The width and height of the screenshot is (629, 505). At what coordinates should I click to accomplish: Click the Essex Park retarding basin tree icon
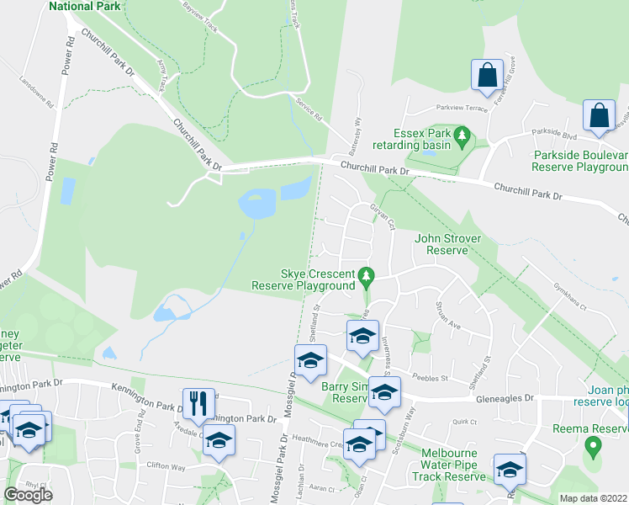(x=461, y=135)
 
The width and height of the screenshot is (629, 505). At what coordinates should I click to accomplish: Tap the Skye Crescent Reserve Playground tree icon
(x=366, y=275)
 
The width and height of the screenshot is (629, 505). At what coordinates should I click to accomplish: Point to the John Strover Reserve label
(x=447, y=244)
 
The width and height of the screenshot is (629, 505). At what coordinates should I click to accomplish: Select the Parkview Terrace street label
(x=461, y=108)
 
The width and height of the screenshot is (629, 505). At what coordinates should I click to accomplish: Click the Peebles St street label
(x=432, y=378)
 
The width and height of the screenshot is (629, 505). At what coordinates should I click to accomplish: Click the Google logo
(x=28, y=495)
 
